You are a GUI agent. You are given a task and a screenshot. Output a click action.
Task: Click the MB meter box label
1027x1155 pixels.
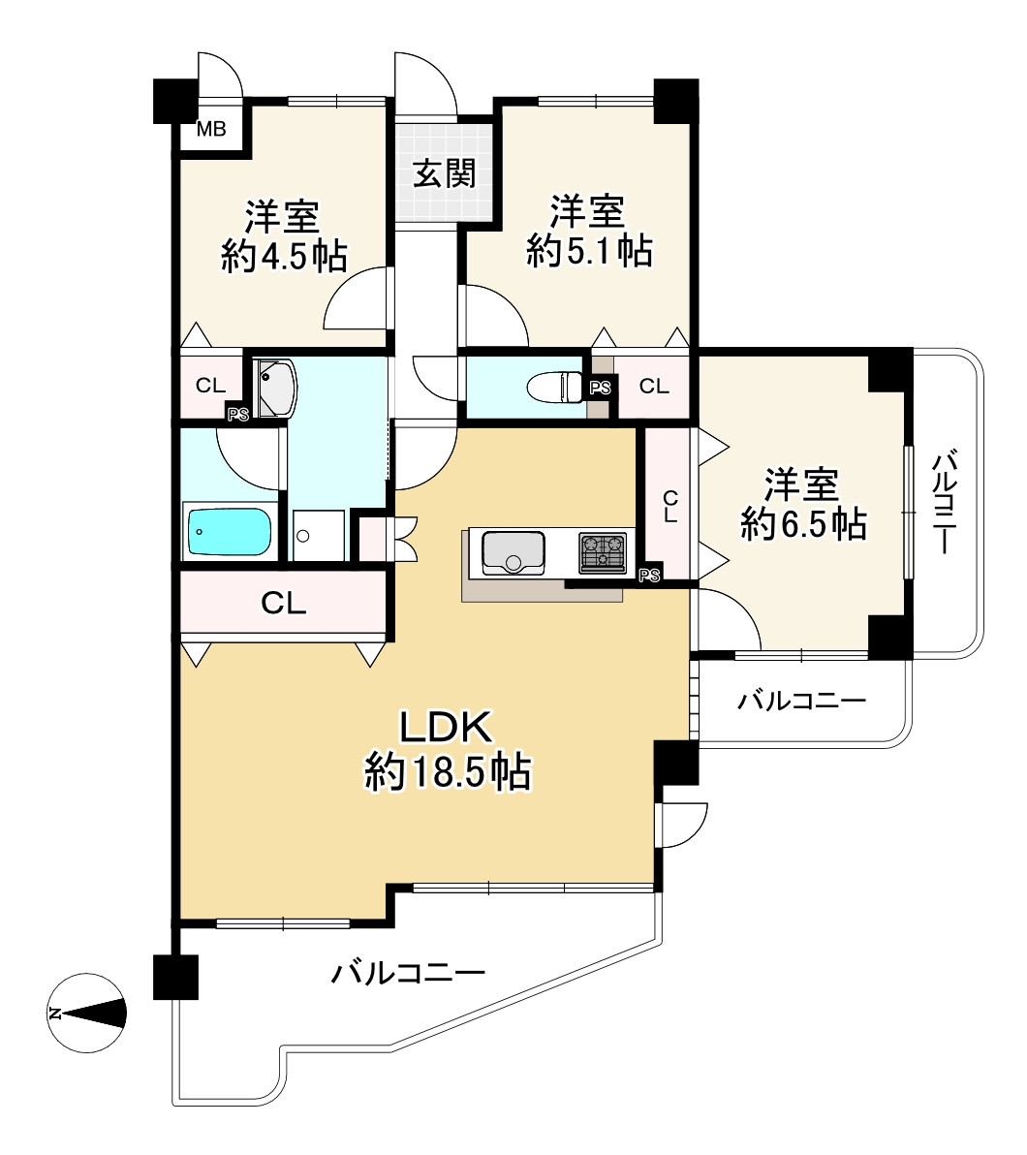tap(210, 129)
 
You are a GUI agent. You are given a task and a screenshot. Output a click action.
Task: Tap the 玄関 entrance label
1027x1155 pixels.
tap(445, 173)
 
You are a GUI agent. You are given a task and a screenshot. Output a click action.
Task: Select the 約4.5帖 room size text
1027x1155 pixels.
tap(285, 257)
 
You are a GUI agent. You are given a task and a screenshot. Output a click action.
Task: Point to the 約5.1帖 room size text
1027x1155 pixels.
tap(589, 251)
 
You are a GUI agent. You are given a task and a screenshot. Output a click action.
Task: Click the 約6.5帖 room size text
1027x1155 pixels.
tap(804, 524)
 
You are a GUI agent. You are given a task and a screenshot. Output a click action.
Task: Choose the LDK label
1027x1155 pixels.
tap(446, 727)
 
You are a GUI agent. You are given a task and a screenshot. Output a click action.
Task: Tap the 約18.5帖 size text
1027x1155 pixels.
tap(448, 772)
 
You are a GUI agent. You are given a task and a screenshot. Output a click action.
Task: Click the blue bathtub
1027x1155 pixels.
tap(229, 533)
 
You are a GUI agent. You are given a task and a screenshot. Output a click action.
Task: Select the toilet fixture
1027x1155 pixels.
tap(557, 387)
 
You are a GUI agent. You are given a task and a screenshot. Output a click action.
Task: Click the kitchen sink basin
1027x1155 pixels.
tap(513, 552)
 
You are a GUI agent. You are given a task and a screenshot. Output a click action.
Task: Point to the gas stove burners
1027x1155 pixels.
tap(603, 553)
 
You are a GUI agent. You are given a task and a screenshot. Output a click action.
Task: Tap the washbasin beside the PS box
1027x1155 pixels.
tap(275, 388)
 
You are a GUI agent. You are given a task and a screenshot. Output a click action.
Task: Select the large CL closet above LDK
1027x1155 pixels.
tap(284, 604)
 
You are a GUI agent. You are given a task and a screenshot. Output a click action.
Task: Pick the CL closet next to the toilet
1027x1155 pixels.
tap(654, 386)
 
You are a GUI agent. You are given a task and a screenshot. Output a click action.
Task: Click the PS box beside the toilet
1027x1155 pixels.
tap(601, 387)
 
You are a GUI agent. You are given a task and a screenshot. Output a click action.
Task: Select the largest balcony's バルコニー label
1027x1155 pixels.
tap(408, 973)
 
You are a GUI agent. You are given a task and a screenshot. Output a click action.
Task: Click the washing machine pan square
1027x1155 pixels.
tap(318, 535)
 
